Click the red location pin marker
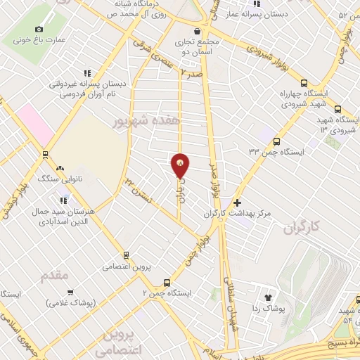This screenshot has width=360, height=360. coord(181,165)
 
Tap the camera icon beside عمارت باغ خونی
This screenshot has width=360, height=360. coord(38,29)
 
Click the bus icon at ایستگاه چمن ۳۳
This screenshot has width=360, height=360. coord(276,141)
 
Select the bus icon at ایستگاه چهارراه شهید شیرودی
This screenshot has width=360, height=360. coord(338,109)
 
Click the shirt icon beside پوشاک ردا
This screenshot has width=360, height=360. coord(268,297)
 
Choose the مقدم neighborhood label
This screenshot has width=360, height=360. coord(54,274)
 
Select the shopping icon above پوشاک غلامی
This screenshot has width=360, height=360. coord(70,292)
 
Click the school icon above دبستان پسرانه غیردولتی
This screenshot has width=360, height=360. coord(87,72)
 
